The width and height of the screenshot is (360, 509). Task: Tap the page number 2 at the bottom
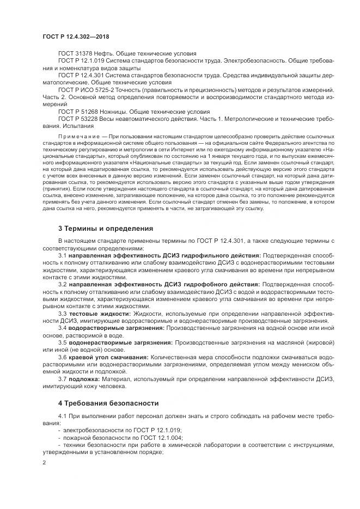pyautogui.click(x=44, y=462)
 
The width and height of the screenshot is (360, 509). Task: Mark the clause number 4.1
pyautogui.click(x=62, y=416)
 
